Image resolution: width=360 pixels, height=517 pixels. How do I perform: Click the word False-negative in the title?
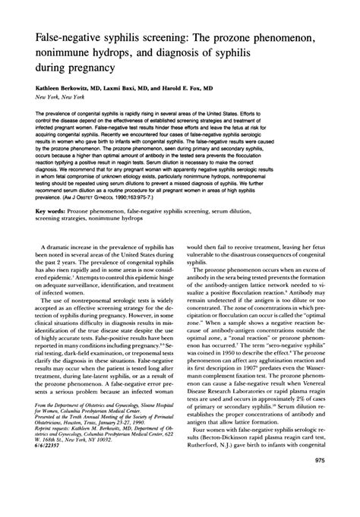62,36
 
